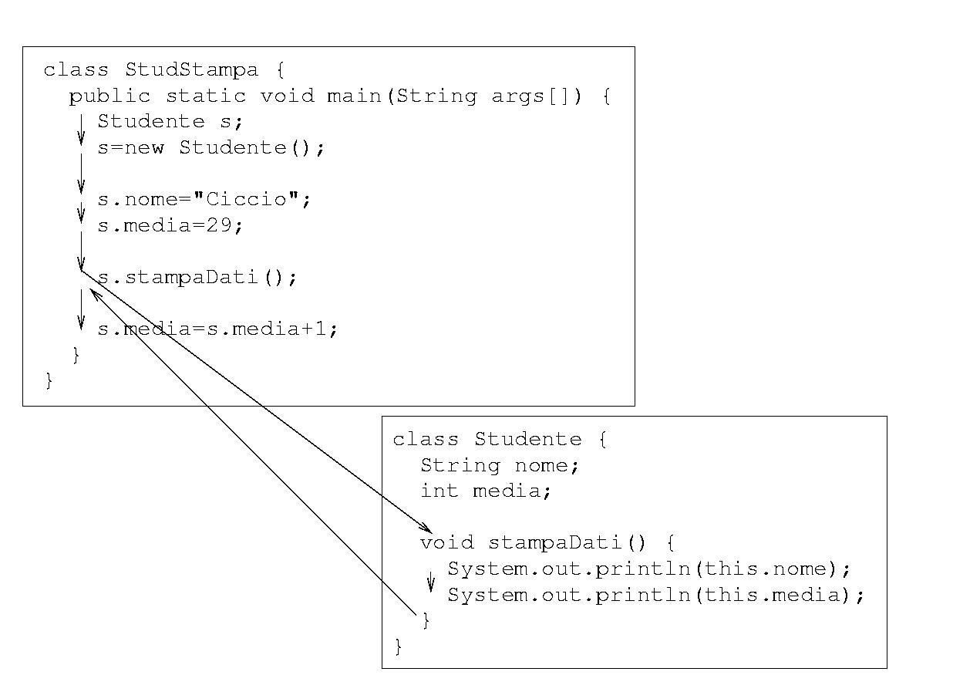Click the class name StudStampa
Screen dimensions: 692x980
[x=191, y=70]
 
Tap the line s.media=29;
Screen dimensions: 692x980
[x=170, y=226]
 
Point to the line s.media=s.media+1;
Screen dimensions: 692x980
[x=217, y=329]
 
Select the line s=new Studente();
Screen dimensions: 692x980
[x=211, y=148]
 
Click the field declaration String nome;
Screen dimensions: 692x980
[x=499, y=466]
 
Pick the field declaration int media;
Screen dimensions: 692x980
[x=486, y=491]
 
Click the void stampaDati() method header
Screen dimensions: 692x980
[x=547, y=543]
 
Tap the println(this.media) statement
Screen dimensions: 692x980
[x=656, y=596]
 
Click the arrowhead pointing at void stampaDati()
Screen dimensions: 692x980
[x=426, y=528]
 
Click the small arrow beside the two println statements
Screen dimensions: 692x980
[x=431, y=582]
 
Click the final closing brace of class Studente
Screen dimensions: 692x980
[x=399, y=646]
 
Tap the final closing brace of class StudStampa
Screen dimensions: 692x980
[x=49, y=380]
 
